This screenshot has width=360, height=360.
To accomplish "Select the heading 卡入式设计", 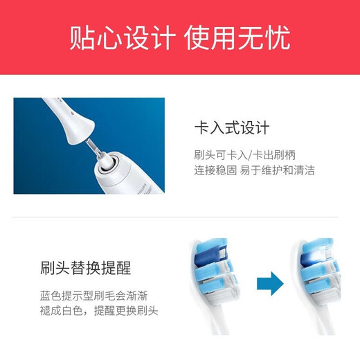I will tap(232, 129).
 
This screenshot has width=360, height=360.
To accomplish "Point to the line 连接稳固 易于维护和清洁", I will tap(254, 170).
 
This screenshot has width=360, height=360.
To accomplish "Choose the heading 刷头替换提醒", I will tap(86, 267).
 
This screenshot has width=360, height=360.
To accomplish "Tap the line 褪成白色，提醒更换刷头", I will tap(99, 311).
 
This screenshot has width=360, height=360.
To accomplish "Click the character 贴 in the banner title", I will tap(80, 37).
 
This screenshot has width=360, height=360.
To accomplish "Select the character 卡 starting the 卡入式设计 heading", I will tap(202, 129).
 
